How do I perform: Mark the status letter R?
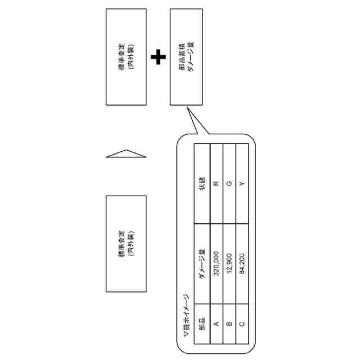[x=217, y=184]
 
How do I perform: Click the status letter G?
[x=229, y=184]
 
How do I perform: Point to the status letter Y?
[x=242, y=184]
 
